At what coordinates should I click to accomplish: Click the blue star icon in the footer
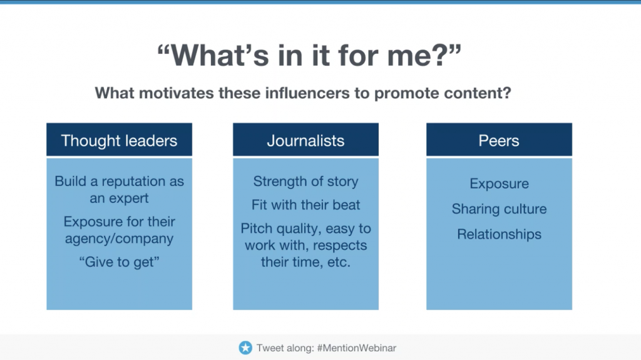(x=245, y=347)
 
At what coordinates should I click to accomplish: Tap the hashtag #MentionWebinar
(x=356, y=348)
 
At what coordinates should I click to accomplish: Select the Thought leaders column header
(x=119, y=140)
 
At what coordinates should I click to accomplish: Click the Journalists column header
(x=305, y=140)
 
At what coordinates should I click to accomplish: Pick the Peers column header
(x=499, y=140)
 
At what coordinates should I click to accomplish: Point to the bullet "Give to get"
(x=119, y=262)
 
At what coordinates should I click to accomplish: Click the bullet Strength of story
(x=305, y=181)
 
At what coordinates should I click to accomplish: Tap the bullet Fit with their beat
(x=305, y=205)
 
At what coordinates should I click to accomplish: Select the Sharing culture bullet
(x=499, y=209)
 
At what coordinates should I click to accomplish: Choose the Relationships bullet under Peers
(x=499, y=234)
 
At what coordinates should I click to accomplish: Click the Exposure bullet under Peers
(x=499, y=183)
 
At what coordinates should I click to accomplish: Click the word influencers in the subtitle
(x=307, y=93)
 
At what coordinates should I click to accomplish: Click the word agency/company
(x=119, y=239)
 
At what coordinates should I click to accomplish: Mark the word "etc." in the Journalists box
(x=339, y=262)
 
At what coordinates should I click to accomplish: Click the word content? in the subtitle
(x=478, y=93)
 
